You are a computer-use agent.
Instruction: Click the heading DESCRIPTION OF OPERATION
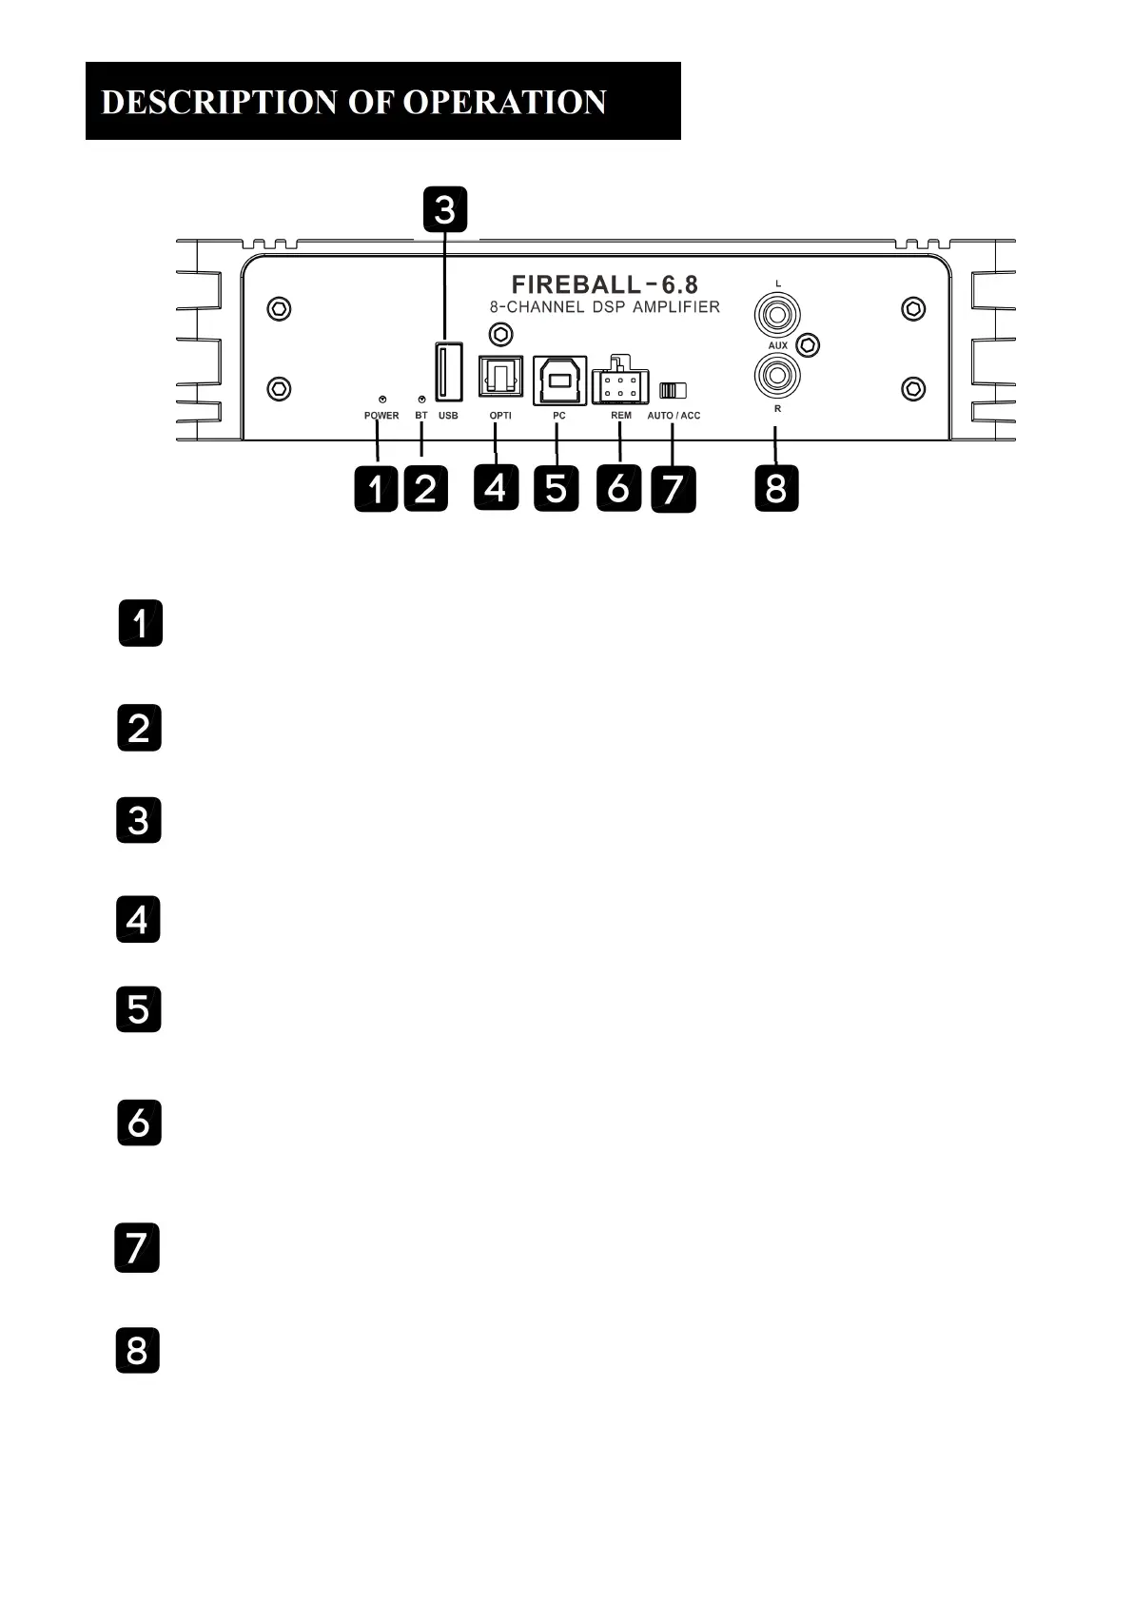click(354, 102)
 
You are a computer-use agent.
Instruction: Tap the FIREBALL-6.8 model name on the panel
click(604, 284)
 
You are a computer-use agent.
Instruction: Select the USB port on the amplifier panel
click(448, 371)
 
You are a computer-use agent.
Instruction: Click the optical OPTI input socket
click(499, 377)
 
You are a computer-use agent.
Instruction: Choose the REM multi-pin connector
click(619, 384)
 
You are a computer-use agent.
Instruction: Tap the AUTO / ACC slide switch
click(673, 390)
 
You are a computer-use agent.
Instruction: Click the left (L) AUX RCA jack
click(777, 313)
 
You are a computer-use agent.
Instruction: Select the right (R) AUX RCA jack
click(777, 375)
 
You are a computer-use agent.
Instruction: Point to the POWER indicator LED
click(381, 400)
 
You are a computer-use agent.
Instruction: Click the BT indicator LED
click(421, 400)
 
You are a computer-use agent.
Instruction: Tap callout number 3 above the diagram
click(445, 209)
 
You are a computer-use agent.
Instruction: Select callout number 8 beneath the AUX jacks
click(776, 488)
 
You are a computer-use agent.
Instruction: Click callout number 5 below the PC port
click(557, 488)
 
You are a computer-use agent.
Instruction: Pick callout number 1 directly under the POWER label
click(377, 489)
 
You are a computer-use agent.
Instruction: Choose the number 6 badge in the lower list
click(139, 1123)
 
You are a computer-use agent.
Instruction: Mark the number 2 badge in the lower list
click(139, 728)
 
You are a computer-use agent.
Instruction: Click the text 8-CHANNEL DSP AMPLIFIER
click(604, 307)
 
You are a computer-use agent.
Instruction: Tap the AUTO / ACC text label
click(674, 416)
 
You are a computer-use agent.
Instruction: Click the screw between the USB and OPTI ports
click(499, 334)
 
